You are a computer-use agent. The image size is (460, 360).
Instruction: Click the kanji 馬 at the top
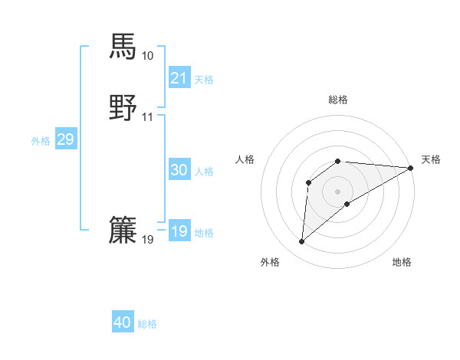click(x=123, y=46)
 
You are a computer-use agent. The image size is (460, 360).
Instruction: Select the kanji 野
click(x=123, y=108)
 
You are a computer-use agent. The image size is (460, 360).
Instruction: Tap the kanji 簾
click(x=123, y=231)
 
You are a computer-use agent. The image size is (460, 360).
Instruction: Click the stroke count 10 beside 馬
click(x=147, y=56)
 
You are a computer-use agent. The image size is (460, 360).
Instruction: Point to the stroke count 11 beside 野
click(x=147, y=117)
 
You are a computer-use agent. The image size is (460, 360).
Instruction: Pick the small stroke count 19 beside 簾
click(x=147, y=240)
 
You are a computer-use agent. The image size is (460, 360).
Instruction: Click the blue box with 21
click(x=179, y=78)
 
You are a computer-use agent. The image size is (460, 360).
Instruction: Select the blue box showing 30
click(x=179, y=171)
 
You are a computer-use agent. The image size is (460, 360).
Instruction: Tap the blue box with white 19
click(x=179, y=231)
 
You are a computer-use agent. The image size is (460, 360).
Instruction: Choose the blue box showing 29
click(x=66, y=139)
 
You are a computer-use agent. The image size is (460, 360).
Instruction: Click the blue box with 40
click(x=123, y=323)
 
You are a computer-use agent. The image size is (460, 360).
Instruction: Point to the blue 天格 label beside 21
click(x=204, y=79)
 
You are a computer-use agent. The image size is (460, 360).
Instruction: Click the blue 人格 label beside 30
click(x=204, y=172)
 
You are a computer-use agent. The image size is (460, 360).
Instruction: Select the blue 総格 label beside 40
click(x=147, y=324)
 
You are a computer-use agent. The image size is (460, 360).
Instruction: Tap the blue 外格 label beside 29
click(x=41, y=140)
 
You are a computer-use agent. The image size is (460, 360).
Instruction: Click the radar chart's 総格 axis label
click(x=338, y=100)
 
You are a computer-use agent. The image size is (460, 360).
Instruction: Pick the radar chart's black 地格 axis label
click(x=402, y=262)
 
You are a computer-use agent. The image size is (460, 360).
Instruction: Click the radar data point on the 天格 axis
click(x=411, y=168)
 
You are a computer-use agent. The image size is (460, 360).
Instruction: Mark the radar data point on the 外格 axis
click(x=301, y=242)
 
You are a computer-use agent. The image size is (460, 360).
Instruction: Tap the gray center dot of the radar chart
click(x=338, y=191)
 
